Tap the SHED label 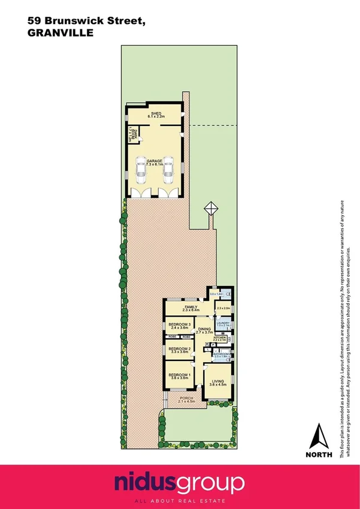[x=156, y=113]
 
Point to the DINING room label [x=204, y=329]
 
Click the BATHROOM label [x=221, y=354]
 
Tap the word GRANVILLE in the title [x=60, y=34]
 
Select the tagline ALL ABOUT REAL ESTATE [x=180, y=499]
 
